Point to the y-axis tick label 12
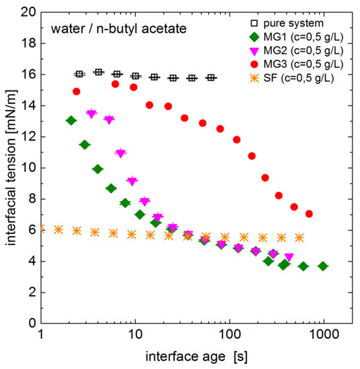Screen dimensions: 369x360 coord(29,137)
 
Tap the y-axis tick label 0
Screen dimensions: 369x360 coord(32,323)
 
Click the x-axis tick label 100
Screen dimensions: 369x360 coord(230,335)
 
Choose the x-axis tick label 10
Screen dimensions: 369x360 coord(135,335)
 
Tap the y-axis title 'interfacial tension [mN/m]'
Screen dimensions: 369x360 coord(11,167)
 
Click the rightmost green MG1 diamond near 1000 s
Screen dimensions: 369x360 coord(323,266)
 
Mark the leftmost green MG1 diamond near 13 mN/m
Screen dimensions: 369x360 coord(71,120)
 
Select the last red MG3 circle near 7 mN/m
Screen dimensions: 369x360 coord(309,214)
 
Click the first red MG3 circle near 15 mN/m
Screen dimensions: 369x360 coord(77,91)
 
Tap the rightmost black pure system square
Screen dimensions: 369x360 coord(211,78)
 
